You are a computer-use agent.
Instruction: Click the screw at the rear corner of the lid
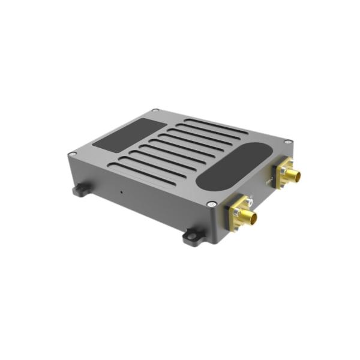155,110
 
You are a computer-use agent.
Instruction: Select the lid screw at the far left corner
72,154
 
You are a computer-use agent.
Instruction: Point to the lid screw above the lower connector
211,204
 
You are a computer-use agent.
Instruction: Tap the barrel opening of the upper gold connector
296,176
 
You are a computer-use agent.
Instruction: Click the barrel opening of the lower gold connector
254,218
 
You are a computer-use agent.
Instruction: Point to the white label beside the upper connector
268,178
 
